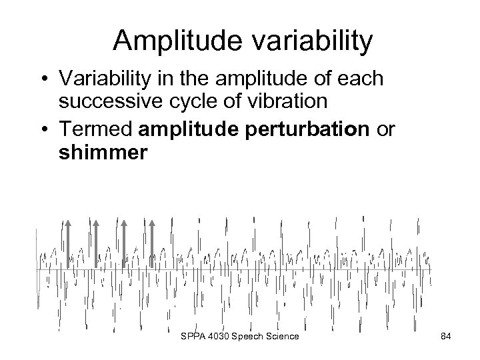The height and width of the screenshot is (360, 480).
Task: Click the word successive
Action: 107,101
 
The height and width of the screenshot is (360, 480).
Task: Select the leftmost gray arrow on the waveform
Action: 68,243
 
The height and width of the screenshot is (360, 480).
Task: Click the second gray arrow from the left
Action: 96,243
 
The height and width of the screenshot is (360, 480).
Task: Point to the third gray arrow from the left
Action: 124,243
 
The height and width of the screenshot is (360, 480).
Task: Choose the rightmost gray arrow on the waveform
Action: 152,243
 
